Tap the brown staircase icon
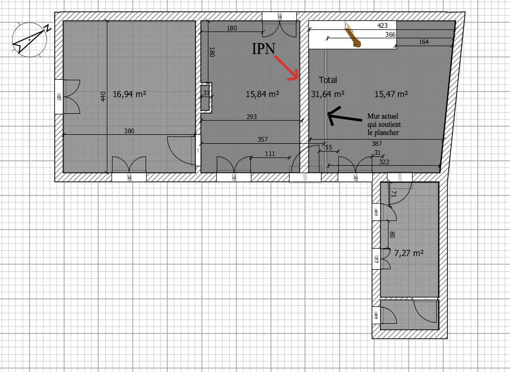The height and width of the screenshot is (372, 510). (x=353, y=35)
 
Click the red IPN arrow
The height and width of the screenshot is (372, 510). (x=287, y=68)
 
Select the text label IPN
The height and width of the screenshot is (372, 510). (x=263, y=49)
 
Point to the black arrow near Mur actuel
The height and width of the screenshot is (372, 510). (x=345, y=116)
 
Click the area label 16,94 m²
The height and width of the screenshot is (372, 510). (x=129, y=94)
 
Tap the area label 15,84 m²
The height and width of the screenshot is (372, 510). (x=262, y=94)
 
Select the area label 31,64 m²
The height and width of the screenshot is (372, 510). (x=328, y=94)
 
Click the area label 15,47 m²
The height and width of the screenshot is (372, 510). (x=391, y=94)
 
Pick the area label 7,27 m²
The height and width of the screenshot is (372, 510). (x=409, y=253)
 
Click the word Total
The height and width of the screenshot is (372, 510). (x=328, y=80)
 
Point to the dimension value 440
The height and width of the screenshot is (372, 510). (x=103, y=97)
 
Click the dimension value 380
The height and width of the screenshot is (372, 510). (x=129, y=131)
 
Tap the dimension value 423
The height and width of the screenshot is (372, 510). (x=382, y=25)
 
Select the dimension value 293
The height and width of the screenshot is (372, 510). (x=252, y=116)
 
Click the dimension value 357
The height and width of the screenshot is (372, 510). (x=262, y=140)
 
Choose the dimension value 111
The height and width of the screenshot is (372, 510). (x=270, y=154)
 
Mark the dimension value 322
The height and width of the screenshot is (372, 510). (x=384, y=162)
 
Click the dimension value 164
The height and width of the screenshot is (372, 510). (x=424, y=42)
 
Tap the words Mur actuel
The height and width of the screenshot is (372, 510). (x=383, y=116)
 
